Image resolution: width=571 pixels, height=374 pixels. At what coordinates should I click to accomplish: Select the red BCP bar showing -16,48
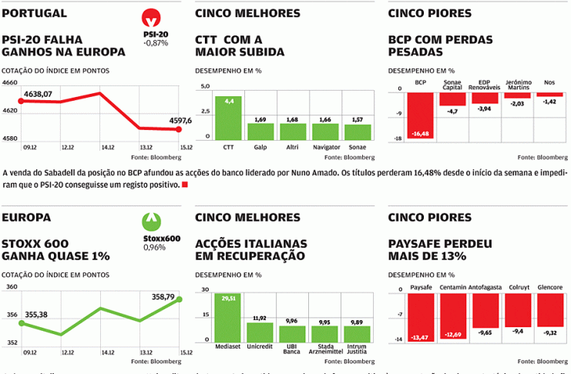[421, 115]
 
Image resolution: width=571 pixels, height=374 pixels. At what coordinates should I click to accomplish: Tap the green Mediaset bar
[228, 317]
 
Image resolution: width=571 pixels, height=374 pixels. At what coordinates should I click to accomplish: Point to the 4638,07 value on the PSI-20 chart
[38, 94]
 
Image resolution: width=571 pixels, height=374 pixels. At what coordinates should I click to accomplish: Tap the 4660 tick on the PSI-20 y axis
[10, 82]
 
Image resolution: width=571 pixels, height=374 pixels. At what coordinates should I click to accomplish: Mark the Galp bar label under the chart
[260, 145]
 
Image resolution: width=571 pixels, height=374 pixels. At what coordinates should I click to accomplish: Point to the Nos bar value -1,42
[549, 102]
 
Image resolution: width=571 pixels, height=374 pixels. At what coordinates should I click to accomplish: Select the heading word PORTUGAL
[34, 13]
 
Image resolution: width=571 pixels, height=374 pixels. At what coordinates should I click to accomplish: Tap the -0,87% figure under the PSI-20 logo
[156, 44]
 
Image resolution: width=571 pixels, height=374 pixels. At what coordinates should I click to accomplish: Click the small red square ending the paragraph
[184, 185]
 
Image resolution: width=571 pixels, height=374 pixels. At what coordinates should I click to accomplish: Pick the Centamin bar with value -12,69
[453, 316]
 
